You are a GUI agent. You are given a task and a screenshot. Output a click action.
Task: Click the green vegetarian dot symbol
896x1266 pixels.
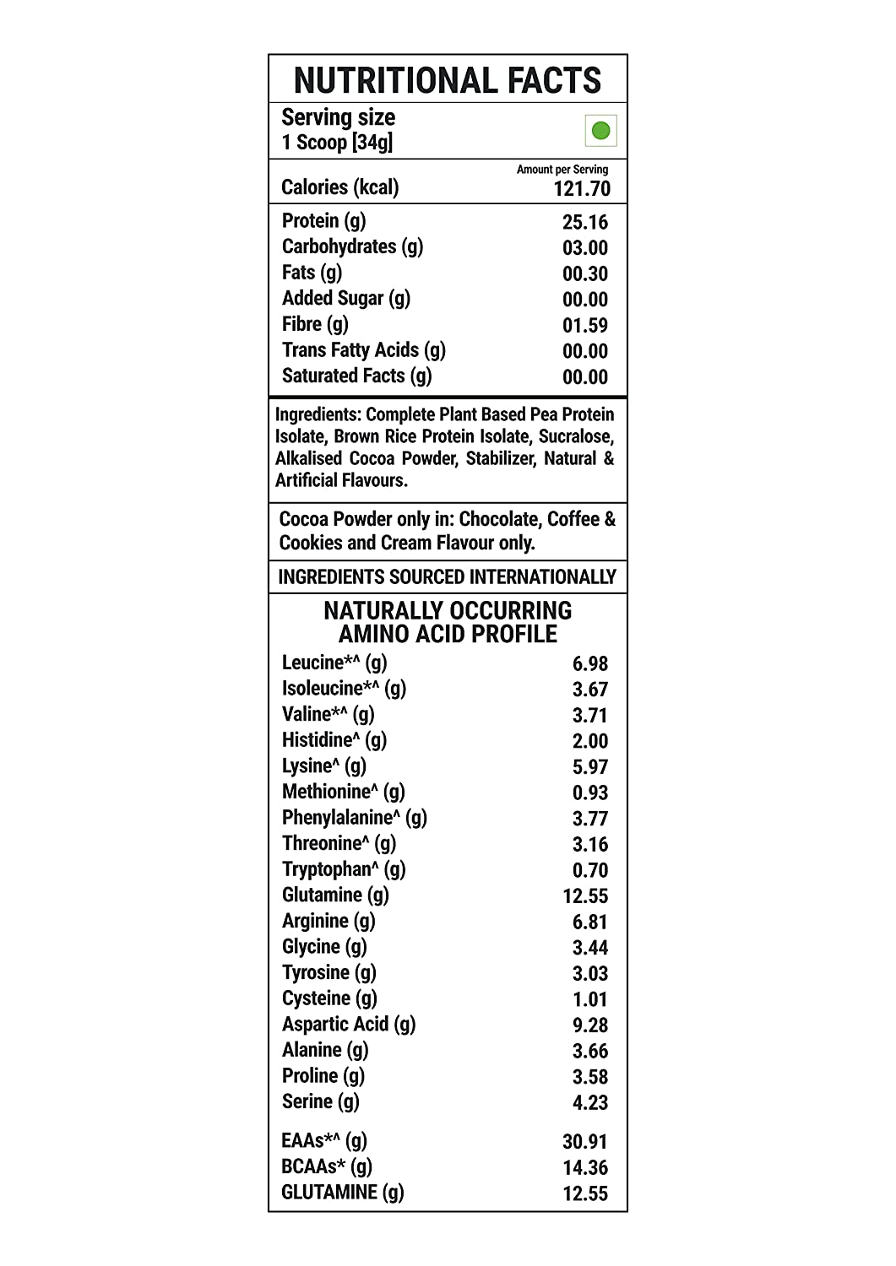pos(600,131)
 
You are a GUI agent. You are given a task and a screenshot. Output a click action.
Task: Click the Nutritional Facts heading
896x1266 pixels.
pos(448,81)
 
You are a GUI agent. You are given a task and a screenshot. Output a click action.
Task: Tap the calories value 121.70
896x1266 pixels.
pos(581,189)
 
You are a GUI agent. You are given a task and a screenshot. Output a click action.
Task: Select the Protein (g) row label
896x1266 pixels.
pos(324,221)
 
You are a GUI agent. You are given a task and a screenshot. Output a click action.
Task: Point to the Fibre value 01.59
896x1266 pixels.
pos(584,326)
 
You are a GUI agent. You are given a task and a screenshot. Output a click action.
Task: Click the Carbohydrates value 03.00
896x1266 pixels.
pos(584,248)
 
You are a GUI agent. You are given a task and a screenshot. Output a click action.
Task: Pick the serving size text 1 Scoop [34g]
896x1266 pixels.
pos(337,143)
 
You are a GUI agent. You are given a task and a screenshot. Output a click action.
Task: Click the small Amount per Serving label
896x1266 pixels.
pos(562,170)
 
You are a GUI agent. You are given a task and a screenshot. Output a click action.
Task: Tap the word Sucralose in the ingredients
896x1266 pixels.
pos(575,436)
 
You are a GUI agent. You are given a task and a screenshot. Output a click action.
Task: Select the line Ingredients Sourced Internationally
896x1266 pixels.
pos(448,577)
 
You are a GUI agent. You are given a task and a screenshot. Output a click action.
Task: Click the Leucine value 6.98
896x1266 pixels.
pos(589,664)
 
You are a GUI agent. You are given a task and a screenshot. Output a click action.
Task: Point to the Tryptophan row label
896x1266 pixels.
pos(344,869)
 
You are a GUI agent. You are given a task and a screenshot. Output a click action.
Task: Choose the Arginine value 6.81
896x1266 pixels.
pos(589,922)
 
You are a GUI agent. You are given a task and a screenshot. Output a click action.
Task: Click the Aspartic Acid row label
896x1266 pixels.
pos(349,1025)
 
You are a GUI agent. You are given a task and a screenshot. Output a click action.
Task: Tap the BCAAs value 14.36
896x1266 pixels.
pos(584,1168)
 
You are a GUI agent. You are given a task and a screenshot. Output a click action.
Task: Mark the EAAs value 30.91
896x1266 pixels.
pos(584,1142)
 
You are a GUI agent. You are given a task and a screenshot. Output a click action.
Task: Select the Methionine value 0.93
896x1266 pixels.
pos(589,793)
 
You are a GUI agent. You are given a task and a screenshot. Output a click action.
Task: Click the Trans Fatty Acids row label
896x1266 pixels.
pos(363,350)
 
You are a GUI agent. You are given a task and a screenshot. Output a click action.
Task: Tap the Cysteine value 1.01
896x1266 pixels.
pos(589,1000)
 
